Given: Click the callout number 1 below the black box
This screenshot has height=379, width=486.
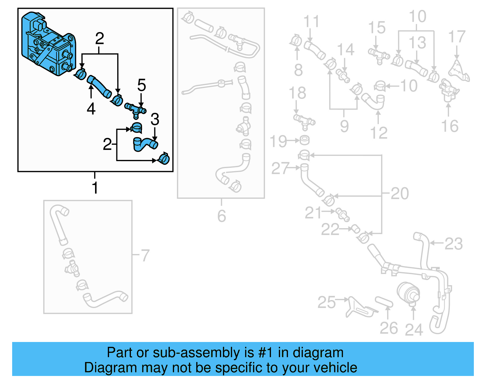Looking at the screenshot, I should point(95,188).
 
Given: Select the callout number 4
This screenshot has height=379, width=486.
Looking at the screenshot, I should point(91,108).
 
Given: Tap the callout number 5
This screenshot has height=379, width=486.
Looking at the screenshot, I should point(142,85).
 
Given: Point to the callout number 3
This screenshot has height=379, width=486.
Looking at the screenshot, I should point(155,119).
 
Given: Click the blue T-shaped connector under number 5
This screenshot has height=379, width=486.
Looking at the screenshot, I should point(135,110).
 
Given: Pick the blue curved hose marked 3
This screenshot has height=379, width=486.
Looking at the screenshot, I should point(145,144).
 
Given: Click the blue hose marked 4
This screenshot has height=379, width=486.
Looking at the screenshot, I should point(99,87).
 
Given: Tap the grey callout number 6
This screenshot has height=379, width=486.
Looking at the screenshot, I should point(221,216).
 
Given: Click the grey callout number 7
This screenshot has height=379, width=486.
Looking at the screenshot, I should point(145,255).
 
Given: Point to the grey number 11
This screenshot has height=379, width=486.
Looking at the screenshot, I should point(311,22).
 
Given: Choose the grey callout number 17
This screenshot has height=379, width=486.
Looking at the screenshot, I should point(457,37).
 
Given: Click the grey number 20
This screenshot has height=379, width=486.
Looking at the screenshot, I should point(400,193).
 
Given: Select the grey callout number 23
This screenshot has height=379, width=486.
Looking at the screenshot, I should point(453,243).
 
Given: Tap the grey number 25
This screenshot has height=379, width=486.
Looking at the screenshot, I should point(327,302).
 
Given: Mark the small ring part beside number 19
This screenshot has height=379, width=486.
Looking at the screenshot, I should point(304,140).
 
